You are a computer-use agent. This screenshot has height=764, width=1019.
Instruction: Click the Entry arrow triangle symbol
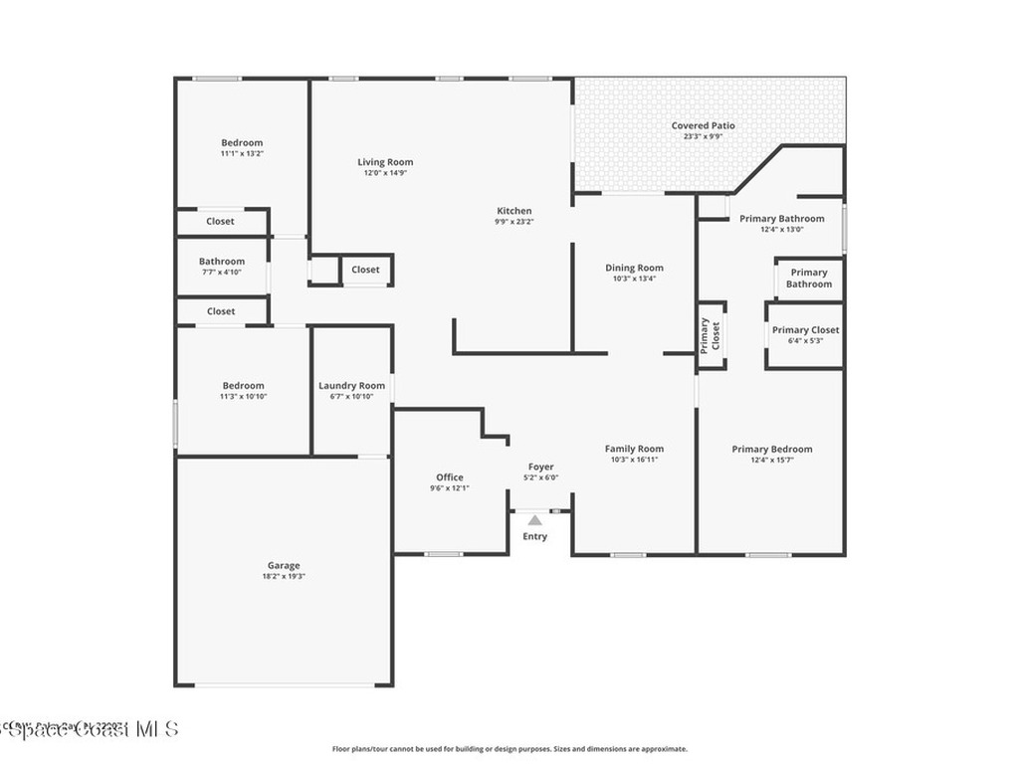(535, 519)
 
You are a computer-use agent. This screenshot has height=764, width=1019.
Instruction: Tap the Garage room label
(284, 566)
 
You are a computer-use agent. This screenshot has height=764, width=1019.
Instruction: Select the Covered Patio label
(703, 125)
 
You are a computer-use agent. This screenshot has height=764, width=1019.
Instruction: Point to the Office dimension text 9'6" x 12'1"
(450, 488)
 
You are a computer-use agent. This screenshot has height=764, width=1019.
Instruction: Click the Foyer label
(541, 467)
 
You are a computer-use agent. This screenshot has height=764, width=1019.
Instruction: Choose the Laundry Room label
(351, 386)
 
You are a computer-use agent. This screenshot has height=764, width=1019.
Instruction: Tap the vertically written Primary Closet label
(710, 335)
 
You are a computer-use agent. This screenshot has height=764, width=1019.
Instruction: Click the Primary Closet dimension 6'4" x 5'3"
(805, 341)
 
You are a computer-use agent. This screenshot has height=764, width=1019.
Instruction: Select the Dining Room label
(635, 268)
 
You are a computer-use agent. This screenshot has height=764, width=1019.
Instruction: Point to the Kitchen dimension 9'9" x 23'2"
(514, 222)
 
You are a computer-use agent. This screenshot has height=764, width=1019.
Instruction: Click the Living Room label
(385, 162)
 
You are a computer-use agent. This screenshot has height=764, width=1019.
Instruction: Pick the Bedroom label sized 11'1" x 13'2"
(242, 143)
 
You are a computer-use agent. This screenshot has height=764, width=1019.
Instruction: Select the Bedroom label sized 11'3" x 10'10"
(243, 386)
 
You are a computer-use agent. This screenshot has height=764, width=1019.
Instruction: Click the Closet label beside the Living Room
(365, 270)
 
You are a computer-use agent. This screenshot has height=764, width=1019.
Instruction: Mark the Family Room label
(635, 449)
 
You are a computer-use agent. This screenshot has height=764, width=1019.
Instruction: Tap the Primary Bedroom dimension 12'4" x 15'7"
(772, 461)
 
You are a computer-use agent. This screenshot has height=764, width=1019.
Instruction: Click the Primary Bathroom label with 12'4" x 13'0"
(781, 219)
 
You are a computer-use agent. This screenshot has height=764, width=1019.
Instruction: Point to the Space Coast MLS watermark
(90, 730)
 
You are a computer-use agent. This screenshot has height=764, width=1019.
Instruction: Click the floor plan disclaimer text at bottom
(509, 749)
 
